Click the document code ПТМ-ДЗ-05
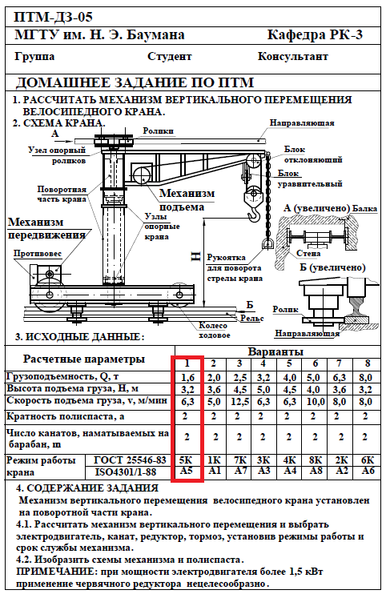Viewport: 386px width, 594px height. click(x=53, y=17)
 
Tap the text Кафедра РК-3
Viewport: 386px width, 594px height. click(x=315, y=35)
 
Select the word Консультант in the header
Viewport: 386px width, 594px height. click(x=293, y=57)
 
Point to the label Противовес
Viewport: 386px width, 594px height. click(x=38, y=254)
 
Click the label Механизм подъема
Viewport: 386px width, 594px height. click(x=187, y=199)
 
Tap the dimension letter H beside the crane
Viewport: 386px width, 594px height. click(x=196, y=257)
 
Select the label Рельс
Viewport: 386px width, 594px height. click(x=252, y=319)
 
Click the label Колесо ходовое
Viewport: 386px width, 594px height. click(x=214, y=331)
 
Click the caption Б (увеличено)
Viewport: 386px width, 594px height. click(x=332, y=267)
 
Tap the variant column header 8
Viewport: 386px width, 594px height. click(x=367, y=363)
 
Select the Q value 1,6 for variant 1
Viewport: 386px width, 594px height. click(x=187, y=377)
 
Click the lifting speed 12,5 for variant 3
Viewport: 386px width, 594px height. click(x=239, y=402)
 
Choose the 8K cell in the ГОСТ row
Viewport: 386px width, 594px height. click(x=316, y=460)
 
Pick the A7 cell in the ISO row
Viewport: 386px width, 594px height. click(x=239, y=471)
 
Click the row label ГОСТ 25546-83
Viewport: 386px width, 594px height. click(x=130, y=460)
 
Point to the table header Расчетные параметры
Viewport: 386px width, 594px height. click(x=84, y=359)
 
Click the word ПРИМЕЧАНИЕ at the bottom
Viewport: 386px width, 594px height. click(x=52, y=571)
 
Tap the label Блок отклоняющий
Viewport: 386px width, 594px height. click(x=313, y=155)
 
